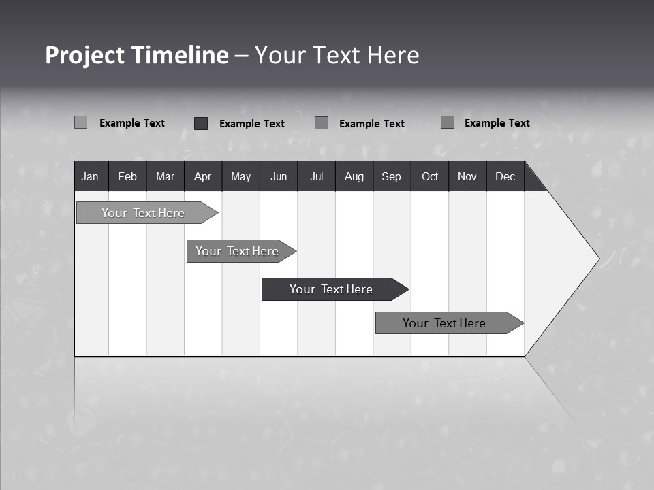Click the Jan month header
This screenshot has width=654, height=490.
click(x=91, y=176)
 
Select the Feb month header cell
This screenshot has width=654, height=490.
click(x=127, y=176)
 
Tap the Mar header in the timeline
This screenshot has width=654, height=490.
click(x=165, y=176)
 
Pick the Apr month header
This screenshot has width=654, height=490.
click(x=203, y=176)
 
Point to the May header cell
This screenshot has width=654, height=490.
click(x=240, y=176)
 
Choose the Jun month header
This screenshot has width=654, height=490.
click(x=279, y=176)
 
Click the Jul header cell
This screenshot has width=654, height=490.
click(x=316, y=176)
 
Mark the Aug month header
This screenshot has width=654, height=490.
click(x=354, y=176)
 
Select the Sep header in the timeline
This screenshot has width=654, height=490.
click(x=392, y=176)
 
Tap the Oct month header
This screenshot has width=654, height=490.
click(x=430, y=176)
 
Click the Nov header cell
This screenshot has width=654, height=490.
click(x=467, y=176)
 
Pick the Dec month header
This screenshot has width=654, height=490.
click(x=505, y=176)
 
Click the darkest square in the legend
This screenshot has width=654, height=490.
click(x=201, y=123)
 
